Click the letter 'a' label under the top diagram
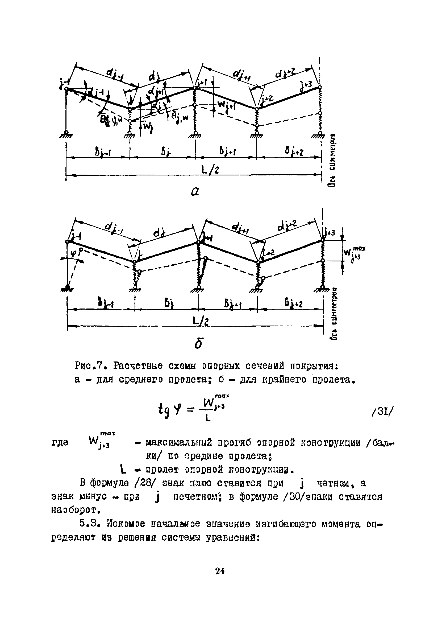tap(195, 192)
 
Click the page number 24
tap(220, 571)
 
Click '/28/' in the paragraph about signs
tap(145, 483)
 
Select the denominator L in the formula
tap(208, 419)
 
